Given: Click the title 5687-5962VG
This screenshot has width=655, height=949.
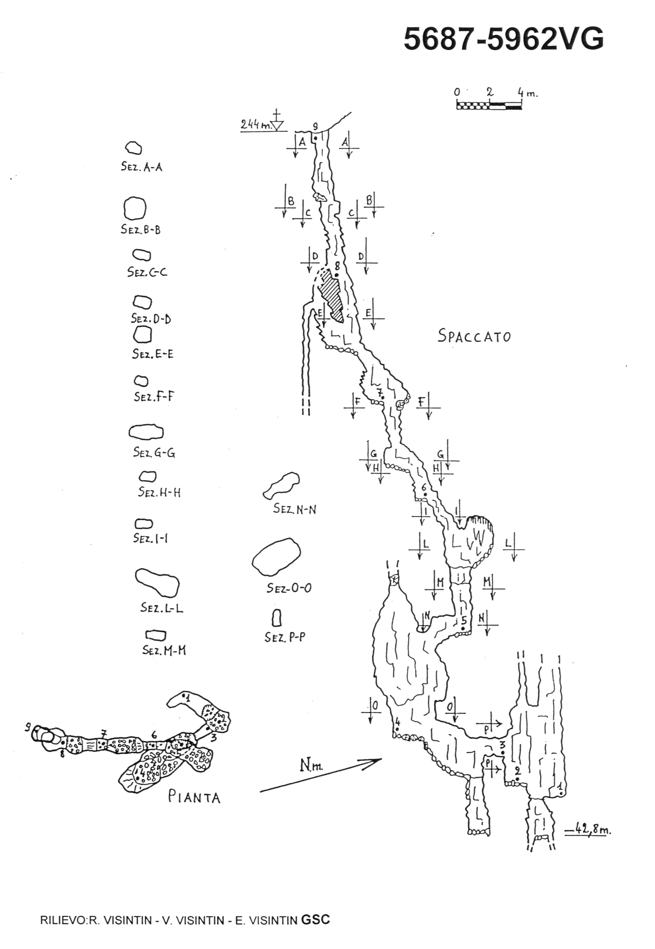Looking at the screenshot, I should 504,39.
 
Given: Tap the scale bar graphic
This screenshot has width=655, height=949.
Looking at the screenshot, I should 489,106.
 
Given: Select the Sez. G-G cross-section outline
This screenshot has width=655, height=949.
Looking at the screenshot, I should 146,432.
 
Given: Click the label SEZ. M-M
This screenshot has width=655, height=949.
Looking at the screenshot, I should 164,650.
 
